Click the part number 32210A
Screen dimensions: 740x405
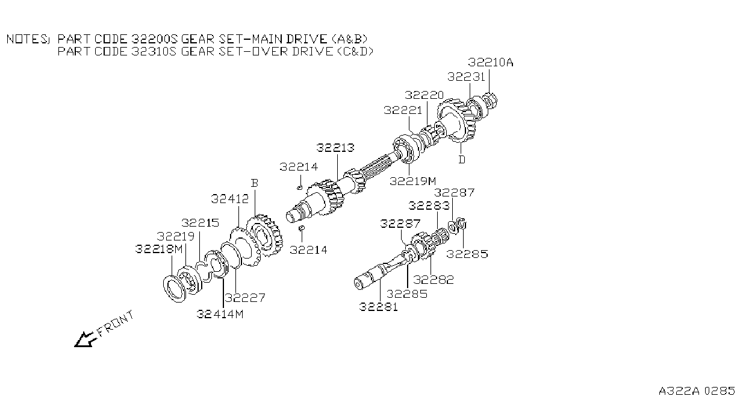[491, 62]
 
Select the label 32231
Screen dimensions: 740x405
[466, 77]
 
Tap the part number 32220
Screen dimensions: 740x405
[424, 95]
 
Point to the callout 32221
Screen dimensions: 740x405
[403, 110]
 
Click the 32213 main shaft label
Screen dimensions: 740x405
[335, 148]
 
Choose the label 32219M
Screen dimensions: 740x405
[412, 181]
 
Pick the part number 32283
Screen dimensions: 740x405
[429, 206]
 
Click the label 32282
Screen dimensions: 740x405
[434, 280]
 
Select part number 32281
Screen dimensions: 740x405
[378, 307]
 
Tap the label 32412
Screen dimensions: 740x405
[229, 199]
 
